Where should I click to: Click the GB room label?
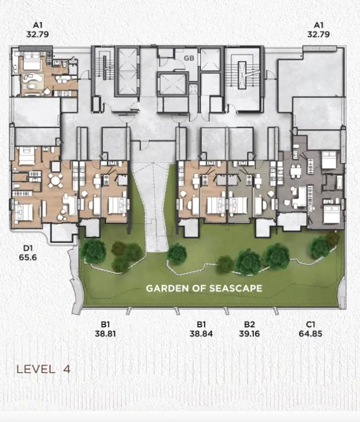coord(189,58)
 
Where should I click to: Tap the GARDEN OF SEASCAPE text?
coord(204,288)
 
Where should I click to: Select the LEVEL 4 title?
coord(43,369)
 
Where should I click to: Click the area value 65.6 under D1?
coord(28,257)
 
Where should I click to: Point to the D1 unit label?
coord(28,248)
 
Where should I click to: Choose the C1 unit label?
coord(311,324)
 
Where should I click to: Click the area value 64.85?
coord(311,333)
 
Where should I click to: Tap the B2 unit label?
coord(249,324)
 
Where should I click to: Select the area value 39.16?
coord(249,333)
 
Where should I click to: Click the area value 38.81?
coord(105,333)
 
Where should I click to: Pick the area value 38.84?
coord(201,333)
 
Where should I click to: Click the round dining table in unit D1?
coord(55,180)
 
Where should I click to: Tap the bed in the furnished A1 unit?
coord(31,61)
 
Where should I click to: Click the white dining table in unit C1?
coord(295,172)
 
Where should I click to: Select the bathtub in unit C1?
coord(339,182)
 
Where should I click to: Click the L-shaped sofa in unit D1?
coord(70,204)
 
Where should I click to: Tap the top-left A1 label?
coord(37,25)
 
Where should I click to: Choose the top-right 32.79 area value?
coord(319,34)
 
